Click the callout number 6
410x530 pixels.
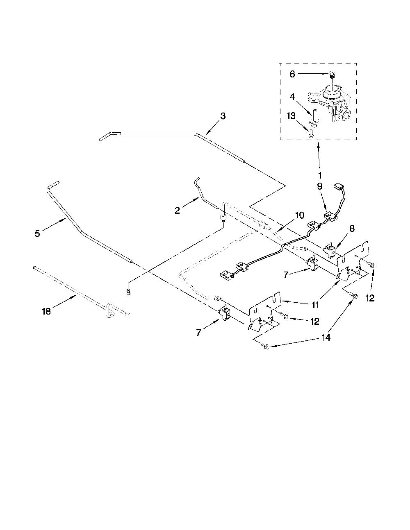click(292, 74)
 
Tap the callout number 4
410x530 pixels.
click(292, 97)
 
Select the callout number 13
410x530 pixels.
click(291, 116)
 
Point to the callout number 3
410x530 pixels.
click(223, 116)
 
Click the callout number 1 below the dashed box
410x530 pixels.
click(320, 175)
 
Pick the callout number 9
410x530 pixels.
click(320, 186)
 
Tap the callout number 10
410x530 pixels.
click(300, 215)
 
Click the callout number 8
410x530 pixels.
click(352, 229)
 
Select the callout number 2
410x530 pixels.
click(177, 210)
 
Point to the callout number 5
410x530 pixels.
click(37, 233)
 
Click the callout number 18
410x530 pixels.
click(46, 311)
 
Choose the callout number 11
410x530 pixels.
click(315, 305)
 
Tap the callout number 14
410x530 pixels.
click(326, 337)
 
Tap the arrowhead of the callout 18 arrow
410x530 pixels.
click(76, 296)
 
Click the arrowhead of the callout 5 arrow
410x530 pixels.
click(64, 220)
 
